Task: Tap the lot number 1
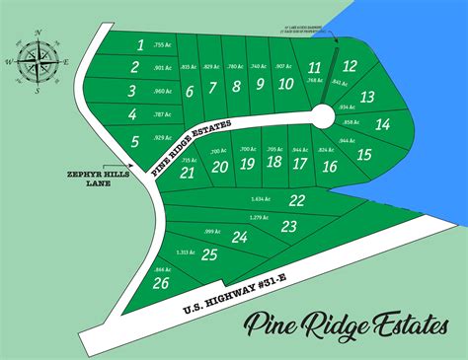point(141,44)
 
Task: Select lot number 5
point(134,142)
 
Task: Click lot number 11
point(314,67)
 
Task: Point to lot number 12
point(349,66)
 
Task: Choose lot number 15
point(363,154)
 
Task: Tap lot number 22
point(296,200)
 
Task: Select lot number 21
point(187,172)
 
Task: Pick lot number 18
point(273,162)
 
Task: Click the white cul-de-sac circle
point(320,117)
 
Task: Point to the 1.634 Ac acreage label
point(263,199)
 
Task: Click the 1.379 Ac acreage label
point(262,217)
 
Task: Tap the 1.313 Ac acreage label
point(183,252)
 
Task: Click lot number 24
point(239,237)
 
